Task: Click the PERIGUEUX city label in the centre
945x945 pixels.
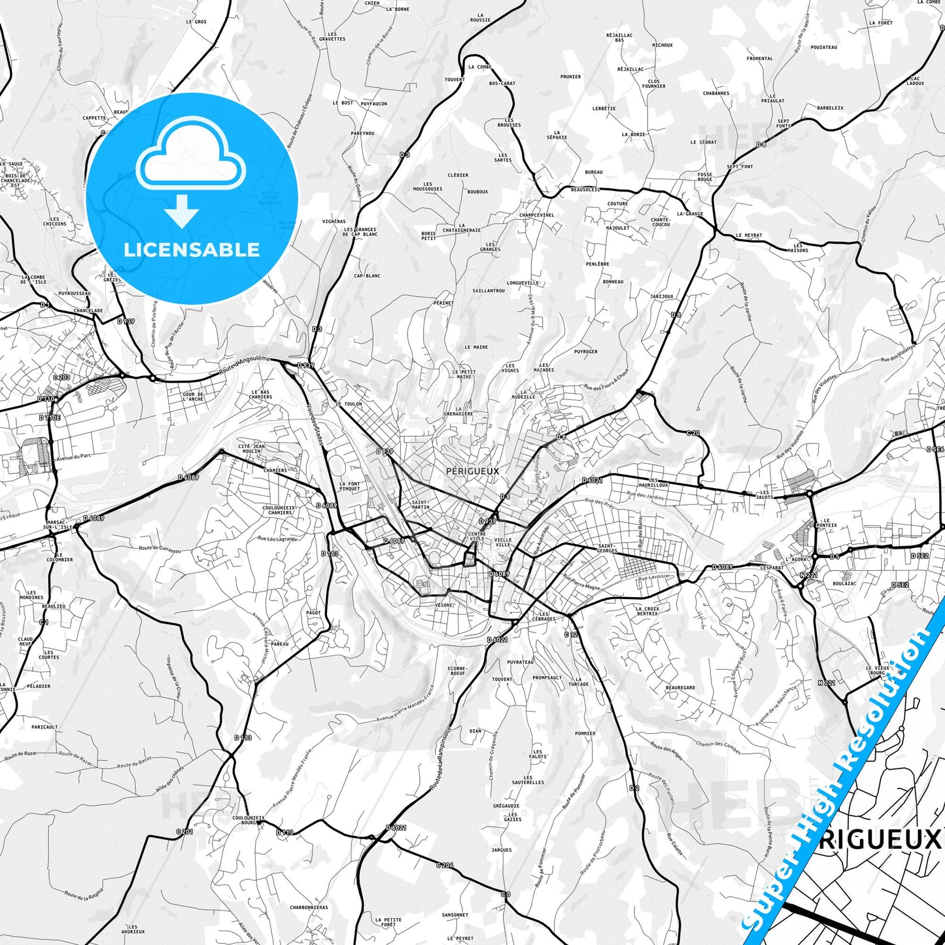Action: [x=472, y=471]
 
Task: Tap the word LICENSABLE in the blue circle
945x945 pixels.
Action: [x=192, y=250]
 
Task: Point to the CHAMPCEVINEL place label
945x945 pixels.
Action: [x=536, y=215]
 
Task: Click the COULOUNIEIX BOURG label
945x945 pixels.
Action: [x=249, y=820]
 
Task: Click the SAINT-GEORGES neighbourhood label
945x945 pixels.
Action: [x=608, y=548]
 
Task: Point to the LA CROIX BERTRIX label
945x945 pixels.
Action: [x=647, y=611]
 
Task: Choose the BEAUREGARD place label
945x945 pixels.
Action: [x=680, y=687]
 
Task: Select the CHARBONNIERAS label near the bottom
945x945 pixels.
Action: [x=309, y=907]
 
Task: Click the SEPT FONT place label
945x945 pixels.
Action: [x=740, y=167]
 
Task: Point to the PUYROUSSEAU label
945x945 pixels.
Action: [x=75, y=294]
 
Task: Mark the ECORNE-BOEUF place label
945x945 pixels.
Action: [x=457, y=670]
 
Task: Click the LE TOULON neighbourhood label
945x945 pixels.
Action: [x=349, y=404]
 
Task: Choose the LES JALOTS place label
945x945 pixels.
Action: [x=764, y=494]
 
